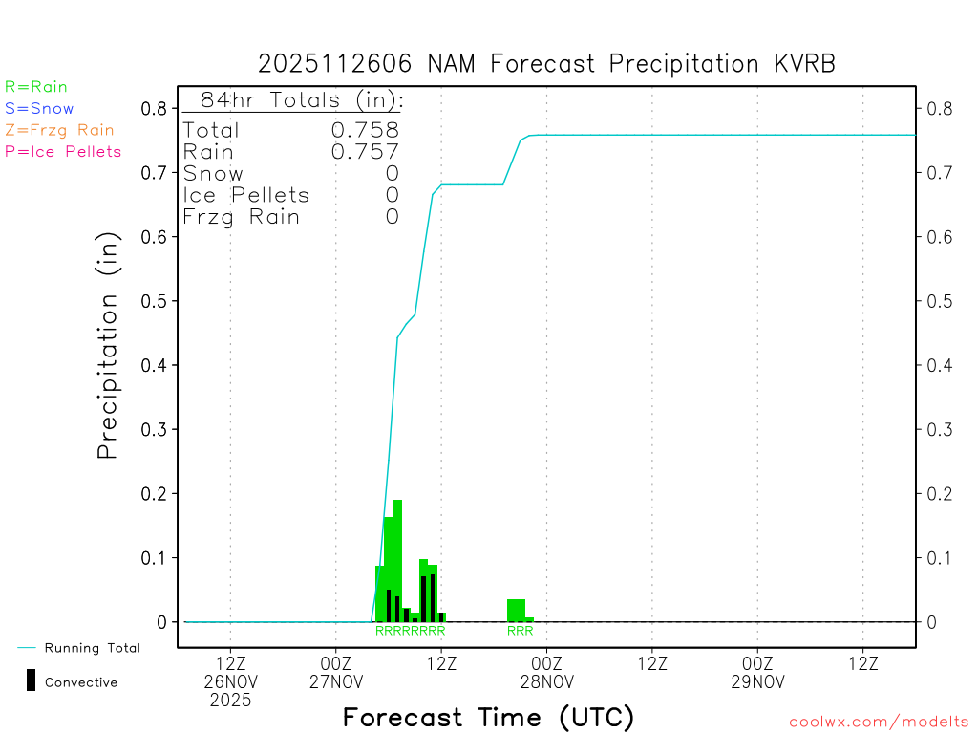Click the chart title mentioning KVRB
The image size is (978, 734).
coord(546,64)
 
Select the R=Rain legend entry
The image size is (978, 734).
coord(36,87)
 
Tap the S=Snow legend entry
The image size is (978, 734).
coord(39,109)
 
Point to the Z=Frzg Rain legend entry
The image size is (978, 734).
coord(59,130)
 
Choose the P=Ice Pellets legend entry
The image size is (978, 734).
coord(63,151)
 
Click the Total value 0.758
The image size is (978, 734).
coord(365,130)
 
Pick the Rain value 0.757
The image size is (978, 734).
coord(365,151)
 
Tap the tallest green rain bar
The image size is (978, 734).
coord(397,559)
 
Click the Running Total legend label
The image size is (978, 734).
coord(92,648)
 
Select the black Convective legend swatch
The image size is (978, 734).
coord(32,680)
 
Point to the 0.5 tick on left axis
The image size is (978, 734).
coord(154,301)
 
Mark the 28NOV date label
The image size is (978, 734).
coord(546,681)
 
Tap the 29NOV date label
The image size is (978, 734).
coord(757,681)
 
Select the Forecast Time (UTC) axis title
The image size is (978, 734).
coord(488,717)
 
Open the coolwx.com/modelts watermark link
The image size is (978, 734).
coord(879,723)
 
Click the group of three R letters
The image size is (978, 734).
coord(520,631)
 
